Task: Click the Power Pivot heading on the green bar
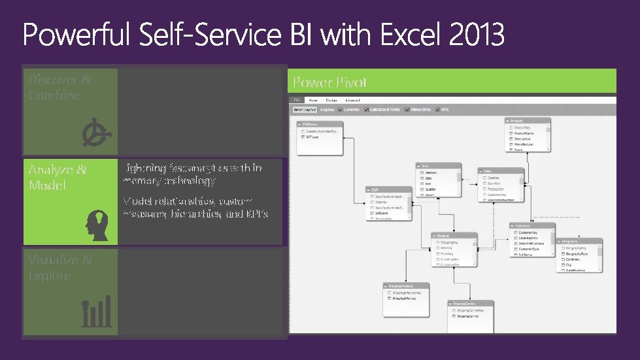329,82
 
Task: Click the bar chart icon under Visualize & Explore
97,312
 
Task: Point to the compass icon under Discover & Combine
97,134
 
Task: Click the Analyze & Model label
57,177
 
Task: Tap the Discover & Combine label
59,88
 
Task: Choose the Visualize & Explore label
59,267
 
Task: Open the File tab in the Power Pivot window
297,100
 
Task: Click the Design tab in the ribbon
331,100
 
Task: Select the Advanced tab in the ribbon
352,100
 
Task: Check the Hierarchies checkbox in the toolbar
408,110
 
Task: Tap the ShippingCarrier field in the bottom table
468,316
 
